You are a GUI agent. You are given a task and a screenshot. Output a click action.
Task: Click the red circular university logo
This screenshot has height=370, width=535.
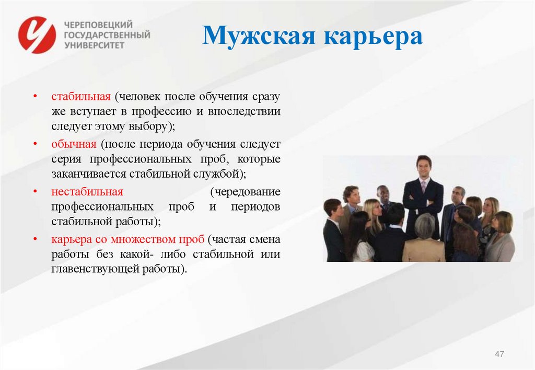tap(37, 34)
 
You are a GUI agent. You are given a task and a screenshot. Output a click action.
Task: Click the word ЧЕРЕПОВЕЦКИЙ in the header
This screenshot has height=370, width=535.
tap(98, 25)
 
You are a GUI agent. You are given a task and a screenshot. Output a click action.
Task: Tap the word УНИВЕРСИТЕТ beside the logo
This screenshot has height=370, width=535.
tap(94, 45)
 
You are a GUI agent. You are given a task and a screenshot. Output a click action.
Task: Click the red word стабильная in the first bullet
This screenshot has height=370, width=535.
tap(81, 97)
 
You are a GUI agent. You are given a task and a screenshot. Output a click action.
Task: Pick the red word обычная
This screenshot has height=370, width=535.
tap(74, 144)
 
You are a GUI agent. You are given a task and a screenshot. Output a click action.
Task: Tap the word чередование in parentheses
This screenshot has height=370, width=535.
tap(246, 191)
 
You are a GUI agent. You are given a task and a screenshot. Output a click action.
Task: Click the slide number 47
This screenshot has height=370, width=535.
tap(499, 355)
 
